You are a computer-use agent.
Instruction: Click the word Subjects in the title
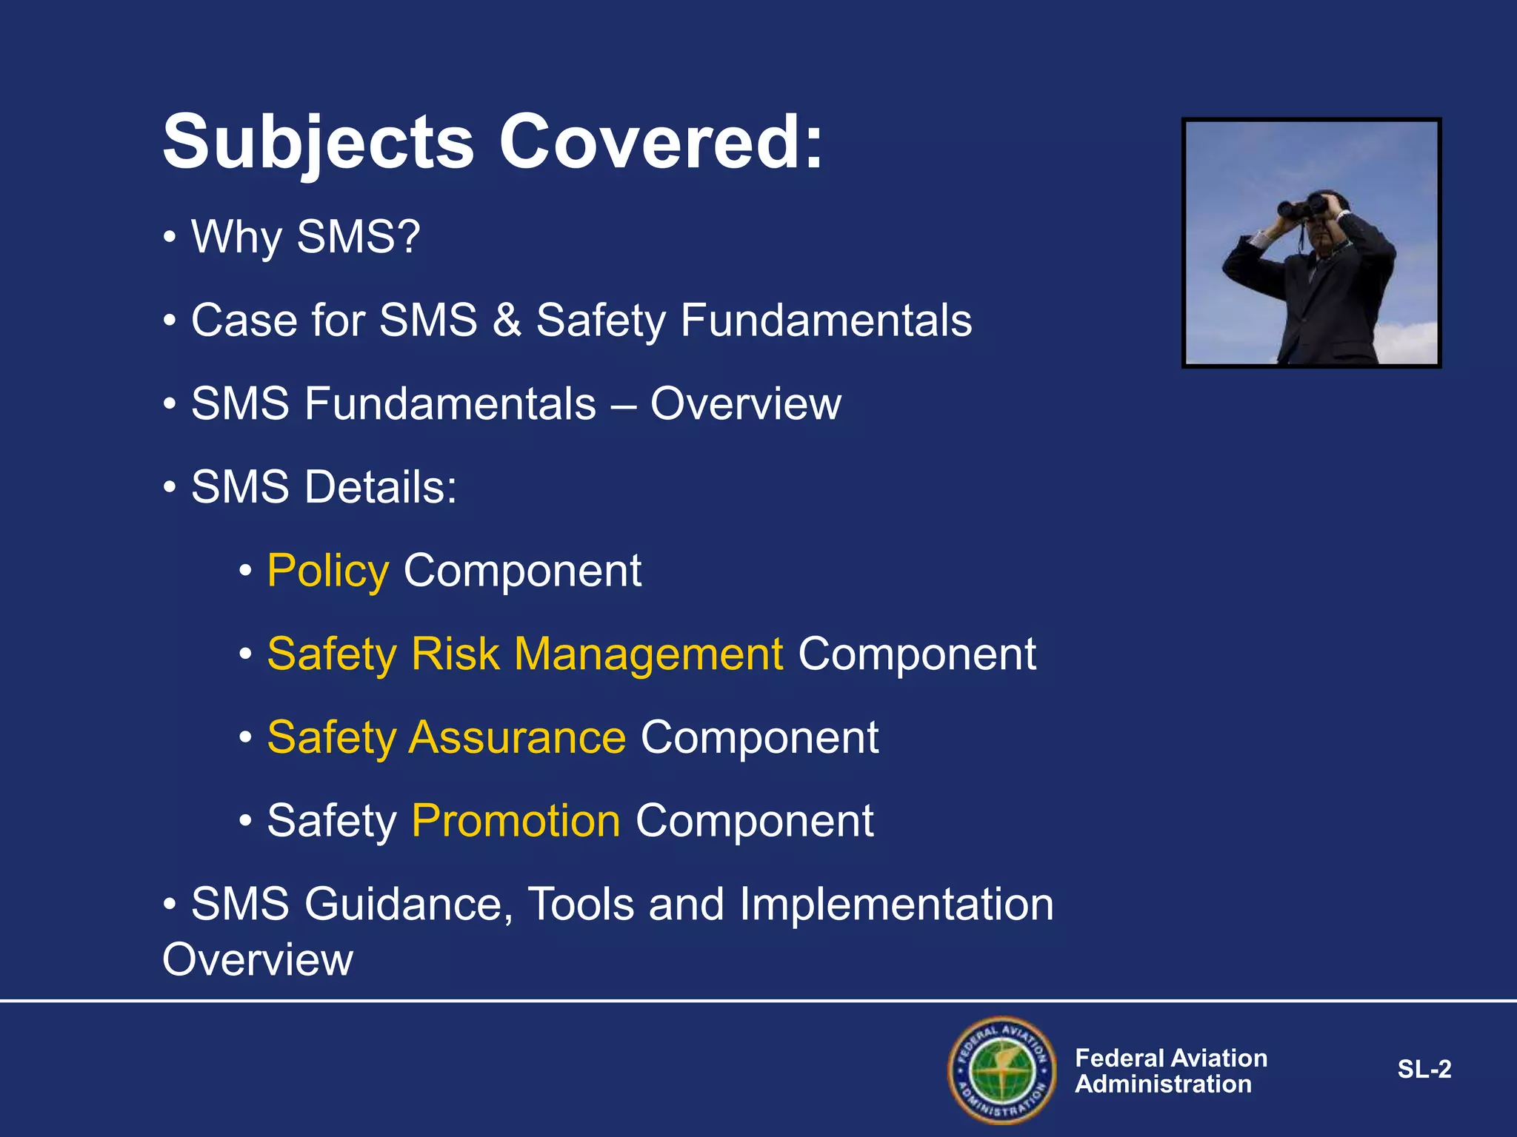point(319,142)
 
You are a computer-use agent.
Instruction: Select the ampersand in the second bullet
point(507,321)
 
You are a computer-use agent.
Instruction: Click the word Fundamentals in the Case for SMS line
point(826,321)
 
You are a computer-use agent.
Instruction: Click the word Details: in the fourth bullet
point(381,487)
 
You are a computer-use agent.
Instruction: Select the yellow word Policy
point(327,571)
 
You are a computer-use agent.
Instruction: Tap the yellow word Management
point(648,654)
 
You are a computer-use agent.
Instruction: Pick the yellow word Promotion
point(516,821)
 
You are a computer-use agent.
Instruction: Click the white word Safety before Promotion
point(332,821)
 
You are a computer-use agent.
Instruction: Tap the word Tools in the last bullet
point(581,905)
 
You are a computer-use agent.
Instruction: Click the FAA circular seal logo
point(1002,1070)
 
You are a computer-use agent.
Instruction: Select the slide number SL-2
point(1424,1069)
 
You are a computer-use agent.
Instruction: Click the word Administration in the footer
point(1163,1084)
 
